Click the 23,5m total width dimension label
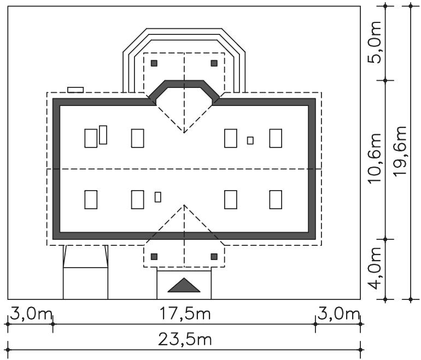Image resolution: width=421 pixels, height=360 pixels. [185, 339]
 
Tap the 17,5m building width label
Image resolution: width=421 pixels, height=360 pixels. [185, 314]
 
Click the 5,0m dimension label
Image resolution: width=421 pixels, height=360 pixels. [375, 42]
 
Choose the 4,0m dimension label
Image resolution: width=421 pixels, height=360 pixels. [375, 268]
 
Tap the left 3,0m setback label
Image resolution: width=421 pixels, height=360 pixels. [31, 314]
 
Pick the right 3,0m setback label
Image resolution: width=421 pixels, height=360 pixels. [338, 314]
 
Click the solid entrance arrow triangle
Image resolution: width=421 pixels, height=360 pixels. [184, 285]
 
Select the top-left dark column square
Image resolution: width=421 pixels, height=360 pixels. [154, 63]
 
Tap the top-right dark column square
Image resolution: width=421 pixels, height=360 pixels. [214, 63]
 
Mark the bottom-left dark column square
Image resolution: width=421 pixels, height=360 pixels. [154, 257]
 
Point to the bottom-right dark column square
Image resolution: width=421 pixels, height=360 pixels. [214, 257]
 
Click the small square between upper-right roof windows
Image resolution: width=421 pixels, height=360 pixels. [250, 140]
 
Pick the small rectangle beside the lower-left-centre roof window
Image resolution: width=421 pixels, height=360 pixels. [158, 197]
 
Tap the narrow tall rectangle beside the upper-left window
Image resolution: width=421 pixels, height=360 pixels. [103, 135]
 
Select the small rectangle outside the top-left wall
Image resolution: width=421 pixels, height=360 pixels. [75, 90]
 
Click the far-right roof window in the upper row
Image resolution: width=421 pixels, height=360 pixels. [276, 138]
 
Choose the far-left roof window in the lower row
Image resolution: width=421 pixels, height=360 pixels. [91, 199]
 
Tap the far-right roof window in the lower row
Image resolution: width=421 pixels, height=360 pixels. [276, 199]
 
